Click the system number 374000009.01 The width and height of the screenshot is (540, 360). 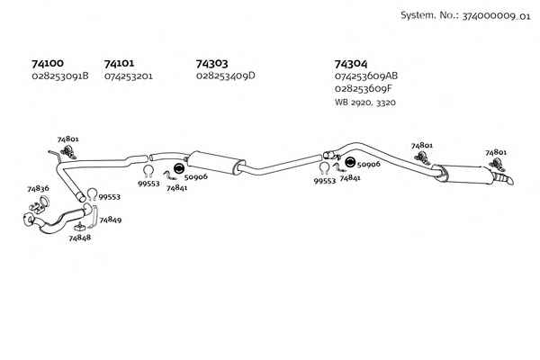(496, 16)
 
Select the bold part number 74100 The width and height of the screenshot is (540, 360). (48, 63)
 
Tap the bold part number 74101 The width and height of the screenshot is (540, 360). (119, 63)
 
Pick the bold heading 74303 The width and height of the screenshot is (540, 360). (211, 64)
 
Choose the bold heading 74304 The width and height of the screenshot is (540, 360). (351, 64)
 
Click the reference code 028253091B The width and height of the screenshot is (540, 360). (60, 76)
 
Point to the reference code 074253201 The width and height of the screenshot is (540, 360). (129, 76)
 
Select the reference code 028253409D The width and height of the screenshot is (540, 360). (226, 76)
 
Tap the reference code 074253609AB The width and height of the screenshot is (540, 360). (366, 76)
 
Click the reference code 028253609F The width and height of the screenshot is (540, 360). (364, 88)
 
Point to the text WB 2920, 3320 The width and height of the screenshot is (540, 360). (365, 103)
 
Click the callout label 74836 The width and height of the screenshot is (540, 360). (38, 189)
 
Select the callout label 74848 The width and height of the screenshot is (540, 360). (79, 238)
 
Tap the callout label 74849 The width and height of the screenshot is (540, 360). (111, 220)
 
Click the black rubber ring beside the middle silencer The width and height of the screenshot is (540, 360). (179, 168)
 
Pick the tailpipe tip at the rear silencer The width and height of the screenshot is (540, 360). (505, 179)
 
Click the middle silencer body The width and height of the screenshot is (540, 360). (215, 163)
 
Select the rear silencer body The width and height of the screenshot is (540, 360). (464, 175)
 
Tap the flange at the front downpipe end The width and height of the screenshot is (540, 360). (29, 220)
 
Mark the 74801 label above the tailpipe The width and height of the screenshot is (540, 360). (496, 152)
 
